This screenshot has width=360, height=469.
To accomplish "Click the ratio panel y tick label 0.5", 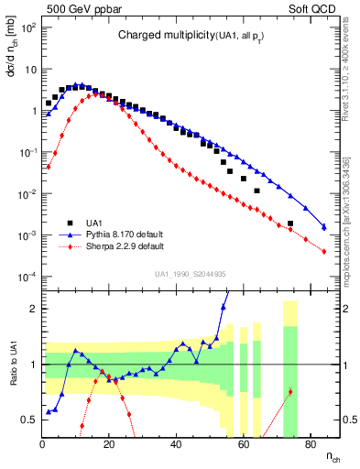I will pyautogui.click(x=28, y=420).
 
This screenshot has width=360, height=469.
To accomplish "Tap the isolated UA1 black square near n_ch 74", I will pyautogui.click(x=290, y=224).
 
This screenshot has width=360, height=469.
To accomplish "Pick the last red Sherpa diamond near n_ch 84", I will pyautogui.click(x=323, y=250).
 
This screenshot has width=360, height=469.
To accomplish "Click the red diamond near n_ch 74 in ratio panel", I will pyautogui.click(x=290, y=392).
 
